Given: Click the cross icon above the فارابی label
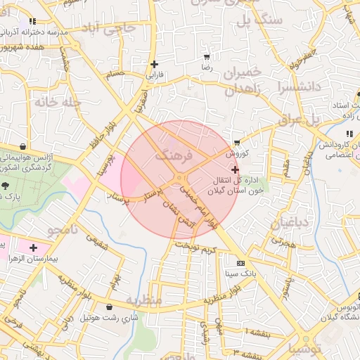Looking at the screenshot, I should (x=154, y=64).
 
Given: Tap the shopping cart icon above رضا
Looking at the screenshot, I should (x=206, y=57).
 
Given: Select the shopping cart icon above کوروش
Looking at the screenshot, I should (x=238, y=141).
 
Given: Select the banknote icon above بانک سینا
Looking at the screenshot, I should (x=241, y=262).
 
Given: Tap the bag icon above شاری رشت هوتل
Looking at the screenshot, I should (x=109, y=307).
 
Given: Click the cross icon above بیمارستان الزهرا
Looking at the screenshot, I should (x=33, y=247).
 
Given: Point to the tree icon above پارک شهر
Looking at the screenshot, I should (x=5, y=186).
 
